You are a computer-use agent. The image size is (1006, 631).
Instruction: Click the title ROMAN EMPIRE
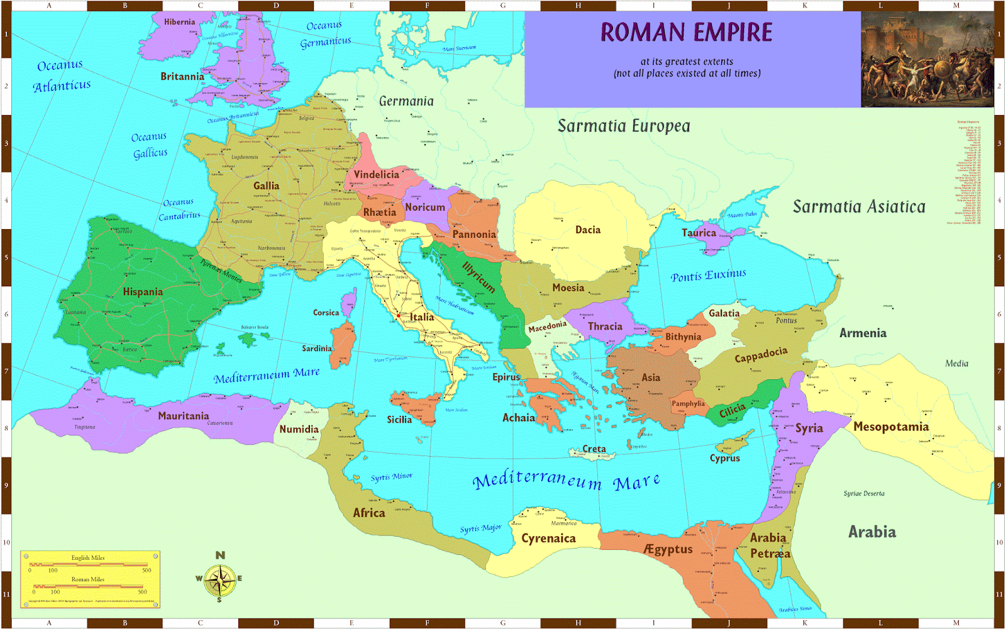686,33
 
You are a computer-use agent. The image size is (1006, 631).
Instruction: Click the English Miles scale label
88,558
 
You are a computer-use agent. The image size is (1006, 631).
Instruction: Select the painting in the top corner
927,59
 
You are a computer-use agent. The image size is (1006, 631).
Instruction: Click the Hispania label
143,292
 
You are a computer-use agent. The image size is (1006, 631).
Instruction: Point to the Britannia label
182,77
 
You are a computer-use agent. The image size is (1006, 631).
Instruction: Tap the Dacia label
588,230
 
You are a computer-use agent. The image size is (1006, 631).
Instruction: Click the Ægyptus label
668,549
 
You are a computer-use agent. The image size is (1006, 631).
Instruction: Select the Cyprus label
725,459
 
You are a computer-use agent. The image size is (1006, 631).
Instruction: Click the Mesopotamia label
890,427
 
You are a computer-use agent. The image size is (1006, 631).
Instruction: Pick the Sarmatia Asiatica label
859,207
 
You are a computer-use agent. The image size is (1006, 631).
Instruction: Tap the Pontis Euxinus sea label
708,276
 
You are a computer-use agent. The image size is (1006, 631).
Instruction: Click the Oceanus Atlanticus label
61,75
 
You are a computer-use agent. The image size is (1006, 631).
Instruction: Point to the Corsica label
326,313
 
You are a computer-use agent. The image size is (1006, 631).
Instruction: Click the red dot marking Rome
399,316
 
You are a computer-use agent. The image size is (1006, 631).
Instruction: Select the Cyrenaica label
548,539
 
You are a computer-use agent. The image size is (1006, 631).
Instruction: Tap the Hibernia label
179,22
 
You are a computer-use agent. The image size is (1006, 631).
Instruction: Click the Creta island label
594,449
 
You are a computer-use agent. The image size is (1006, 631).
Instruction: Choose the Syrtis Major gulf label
480,528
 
